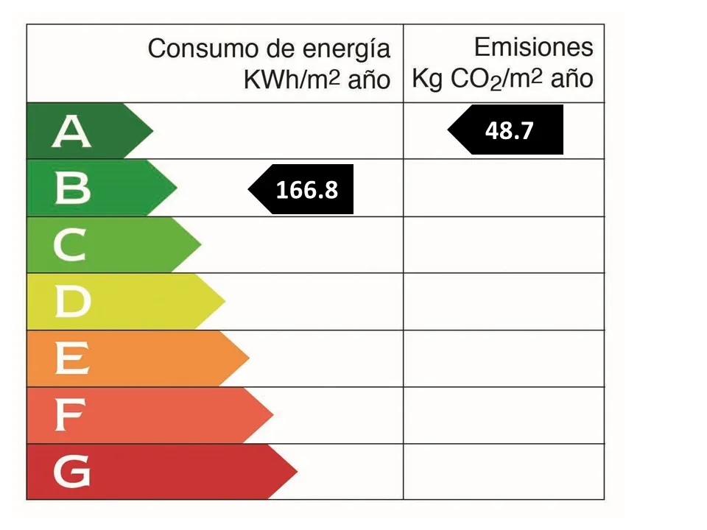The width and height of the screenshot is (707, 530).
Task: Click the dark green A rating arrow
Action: point(85,131)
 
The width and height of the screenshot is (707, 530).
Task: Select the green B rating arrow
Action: point(96,188)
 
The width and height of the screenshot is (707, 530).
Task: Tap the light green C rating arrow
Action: point(110,245)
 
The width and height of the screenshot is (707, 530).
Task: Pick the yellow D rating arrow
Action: point(122,302)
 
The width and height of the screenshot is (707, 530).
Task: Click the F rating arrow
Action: point(147,415)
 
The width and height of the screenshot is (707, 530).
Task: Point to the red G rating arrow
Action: point(158,472)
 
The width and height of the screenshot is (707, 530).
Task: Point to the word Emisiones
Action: point(533,48)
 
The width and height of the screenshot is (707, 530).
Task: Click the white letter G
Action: point(72,472)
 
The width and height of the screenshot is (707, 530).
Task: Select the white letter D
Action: point(72,302)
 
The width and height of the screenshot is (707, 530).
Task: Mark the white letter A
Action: point(71,132)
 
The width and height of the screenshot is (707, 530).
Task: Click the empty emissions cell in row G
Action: point(504,472)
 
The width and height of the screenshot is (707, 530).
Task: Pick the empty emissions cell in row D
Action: point(504,302)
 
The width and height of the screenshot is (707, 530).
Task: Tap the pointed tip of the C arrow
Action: point(199,245)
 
